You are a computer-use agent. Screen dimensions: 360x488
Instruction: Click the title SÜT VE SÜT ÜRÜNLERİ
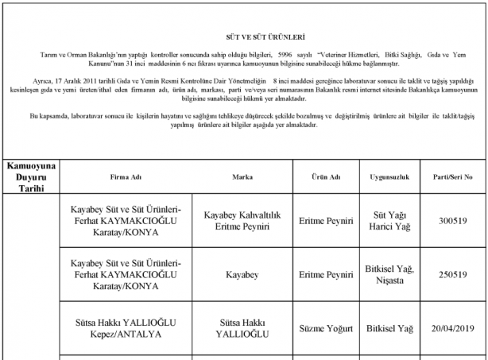click(243, 37)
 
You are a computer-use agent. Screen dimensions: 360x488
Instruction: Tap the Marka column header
click(242, 176)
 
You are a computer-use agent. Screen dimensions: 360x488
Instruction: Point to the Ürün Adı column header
click(324, 176)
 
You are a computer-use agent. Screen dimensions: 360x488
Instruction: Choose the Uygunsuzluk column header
click(389, 176)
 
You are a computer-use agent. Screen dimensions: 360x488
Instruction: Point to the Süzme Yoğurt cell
click(324, 327)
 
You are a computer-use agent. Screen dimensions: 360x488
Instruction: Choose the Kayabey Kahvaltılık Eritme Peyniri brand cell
click(242, 221)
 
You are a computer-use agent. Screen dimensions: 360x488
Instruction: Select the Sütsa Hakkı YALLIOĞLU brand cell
click(242, 327)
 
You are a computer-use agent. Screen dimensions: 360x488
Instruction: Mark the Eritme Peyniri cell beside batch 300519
click(324, 221)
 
